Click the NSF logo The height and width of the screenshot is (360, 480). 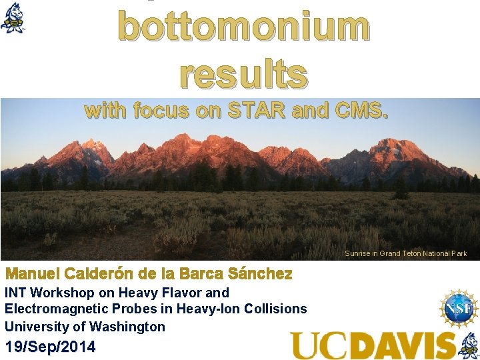coord(459,309)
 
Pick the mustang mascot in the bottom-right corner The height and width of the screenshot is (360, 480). coord(469,345)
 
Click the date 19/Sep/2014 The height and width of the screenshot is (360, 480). coord(50,347)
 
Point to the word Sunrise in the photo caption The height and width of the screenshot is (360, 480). coord(358,253)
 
